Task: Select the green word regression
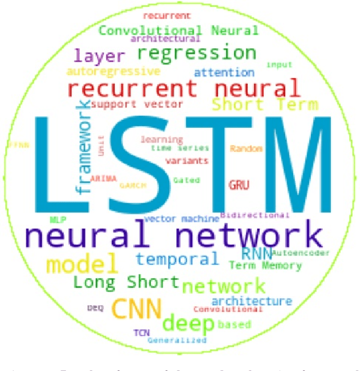tap(197, 54)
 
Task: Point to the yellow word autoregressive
tap(112, 72)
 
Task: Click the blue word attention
tap(224, 72)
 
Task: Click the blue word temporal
tap(177, 260)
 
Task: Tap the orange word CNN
tap(137, 308)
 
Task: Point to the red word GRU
tap(238, 185)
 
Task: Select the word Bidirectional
tap(255, 215)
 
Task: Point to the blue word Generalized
tap(177, 340)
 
